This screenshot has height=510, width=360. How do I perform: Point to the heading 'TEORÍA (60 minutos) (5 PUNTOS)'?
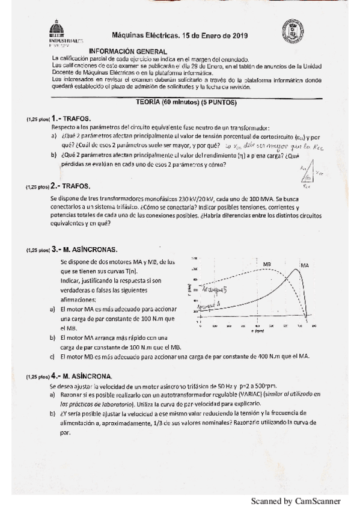pyautogui.click(x=187, y=103)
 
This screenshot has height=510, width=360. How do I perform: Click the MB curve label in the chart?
pyautogui.click(x=267, y=264)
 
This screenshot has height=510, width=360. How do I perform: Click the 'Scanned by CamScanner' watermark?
pyautogui.click(x=295, y=500)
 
